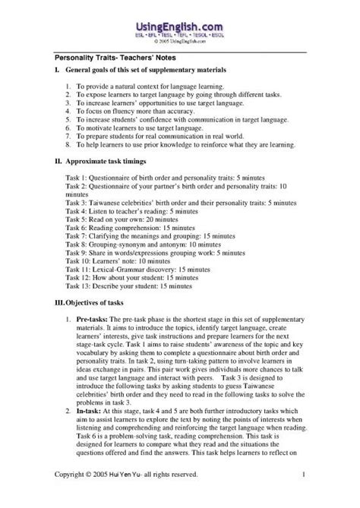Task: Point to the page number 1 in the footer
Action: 304,496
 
